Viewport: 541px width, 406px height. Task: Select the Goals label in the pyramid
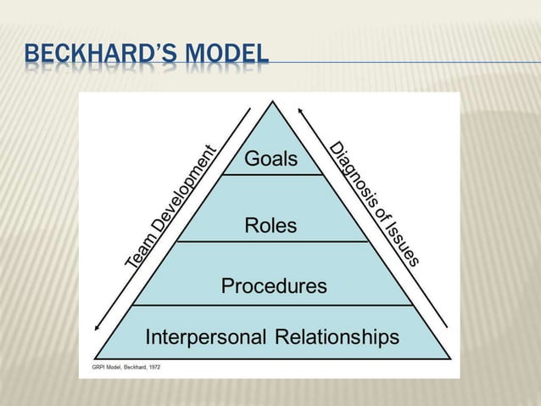tap(271, 160)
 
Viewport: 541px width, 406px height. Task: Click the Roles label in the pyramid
tap(271, 225)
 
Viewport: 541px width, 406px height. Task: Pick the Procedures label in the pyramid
tap(274, 286)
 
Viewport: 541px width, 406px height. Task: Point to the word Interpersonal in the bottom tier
tap(206, 337)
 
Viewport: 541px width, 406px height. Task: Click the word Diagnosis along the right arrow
tap(349, 174)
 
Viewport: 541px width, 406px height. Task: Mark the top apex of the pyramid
tap(272, 102)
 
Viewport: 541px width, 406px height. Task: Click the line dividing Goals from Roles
tap(272, 174)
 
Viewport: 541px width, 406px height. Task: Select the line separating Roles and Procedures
tap(272, 241)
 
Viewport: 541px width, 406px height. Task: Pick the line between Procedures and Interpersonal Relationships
tap(272, 305)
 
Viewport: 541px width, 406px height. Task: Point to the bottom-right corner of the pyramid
tap(449, 358)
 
